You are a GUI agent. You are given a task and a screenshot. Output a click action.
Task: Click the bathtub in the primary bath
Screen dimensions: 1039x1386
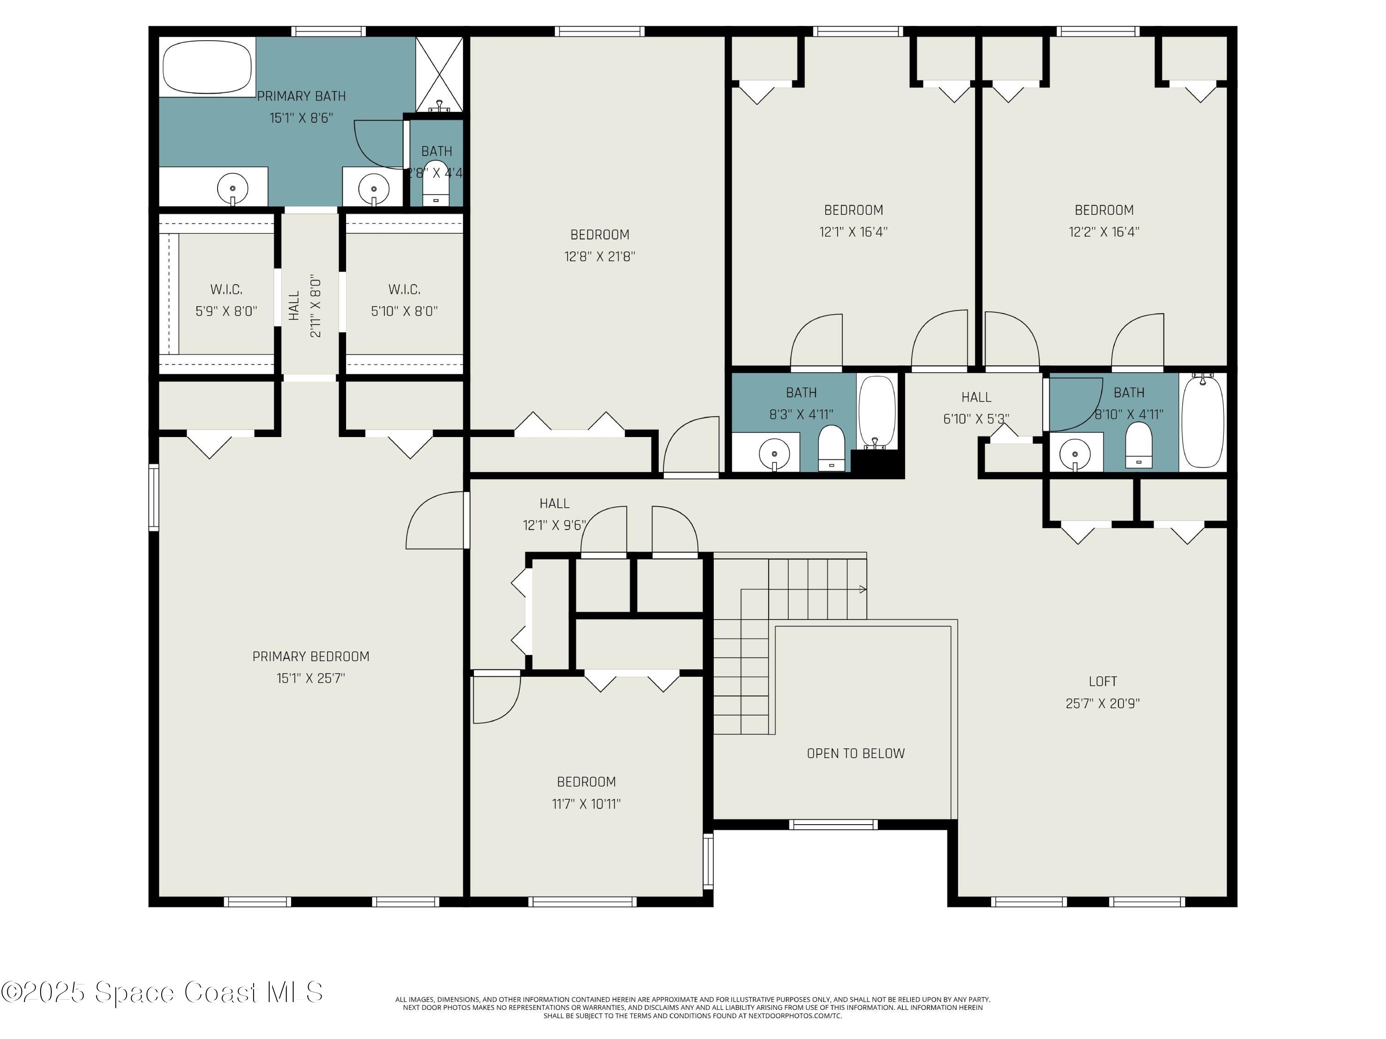[x=207, y=67]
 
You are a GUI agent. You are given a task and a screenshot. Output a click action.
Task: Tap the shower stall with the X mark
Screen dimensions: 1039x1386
[x=439, y=74]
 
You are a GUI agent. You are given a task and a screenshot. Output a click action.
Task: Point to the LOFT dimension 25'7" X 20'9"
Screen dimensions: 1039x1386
[x=1102, y=703]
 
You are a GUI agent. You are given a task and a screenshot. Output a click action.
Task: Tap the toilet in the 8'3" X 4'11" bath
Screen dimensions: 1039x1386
[x=832, y=448]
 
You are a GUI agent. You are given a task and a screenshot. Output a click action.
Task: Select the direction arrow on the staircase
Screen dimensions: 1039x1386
[x=862, y=589]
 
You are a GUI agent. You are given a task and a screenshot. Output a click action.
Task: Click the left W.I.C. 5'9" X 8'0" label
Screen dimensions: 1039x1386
[x=226, y=299]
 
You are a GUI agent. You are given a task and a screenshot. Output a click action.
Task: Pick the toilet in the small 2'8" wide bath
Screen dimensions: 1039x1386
[x=436, y=183]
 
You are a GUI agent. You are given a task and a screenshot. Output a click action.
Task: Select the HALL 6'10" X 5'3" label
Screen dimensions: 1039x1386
[x=976, y=407]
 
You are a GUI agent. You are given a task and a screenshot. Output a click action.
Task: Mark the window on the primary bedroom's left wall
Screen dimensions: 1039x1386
[x=153, y=497]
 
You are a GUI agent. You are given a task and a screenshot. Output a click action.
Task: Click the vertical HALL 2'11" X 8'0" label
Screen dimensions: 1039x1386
[x=305, y=305]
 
